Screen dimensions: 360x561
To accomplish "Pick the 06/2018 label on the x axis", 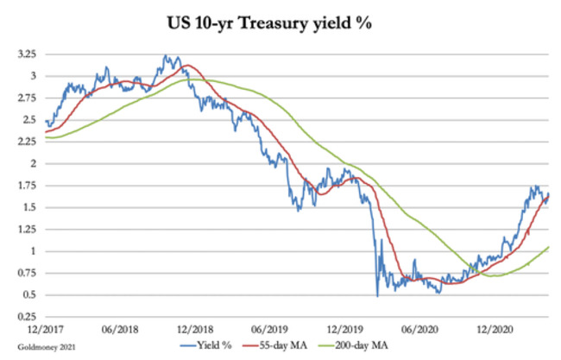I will pos(120,330).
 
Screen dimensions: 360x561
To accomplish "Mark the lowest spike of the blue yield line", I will pos(377,296).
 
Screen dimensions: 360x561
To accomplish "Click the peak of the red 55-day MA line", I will pos(186,65).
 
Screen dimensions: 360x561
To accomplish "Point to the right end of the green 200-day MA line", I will pos(549,248).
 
